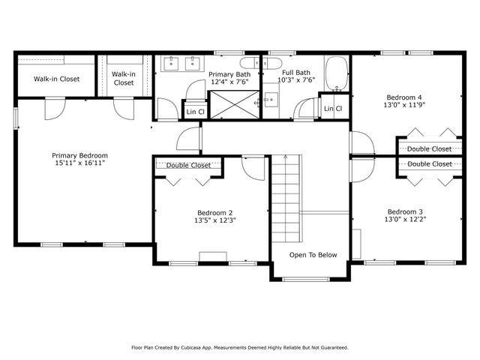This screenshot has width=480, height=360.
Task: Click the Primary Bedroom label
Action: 79,155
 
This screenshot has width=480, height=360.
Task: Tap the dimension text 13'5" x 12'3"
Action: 215,220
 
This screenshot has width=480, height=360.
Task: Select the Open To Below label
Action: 313,255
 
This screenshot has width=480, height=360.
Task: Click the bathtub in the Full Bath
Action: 337,73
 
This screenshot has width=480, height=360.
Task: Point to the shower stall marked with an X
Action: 235,104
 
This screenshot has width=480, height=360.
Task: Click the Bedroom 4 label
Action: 403,97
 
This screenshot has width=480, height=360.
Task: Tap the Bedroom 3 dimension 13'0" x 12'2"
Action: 405,219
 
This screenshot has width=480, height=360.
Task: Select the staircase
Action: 286,199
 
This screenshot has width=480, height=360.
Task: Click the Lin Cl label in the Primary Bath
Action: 195,112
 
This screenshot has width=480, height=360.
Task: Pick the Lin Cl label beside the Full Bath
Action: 333,109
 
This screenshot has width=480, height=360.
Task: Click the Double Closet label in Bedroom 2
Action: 188,166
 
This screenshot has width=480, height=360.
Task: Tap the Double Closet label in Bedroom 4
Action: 429,149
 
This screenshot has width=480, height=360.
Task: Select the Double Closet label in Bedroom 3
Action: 430,164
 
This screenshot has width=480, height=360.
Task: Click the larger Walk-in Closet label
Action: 57,79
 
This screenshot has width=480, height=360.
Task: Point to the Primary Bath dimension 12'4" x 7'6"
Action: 229,82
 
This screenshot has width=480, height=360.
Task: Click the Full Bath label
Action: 296,73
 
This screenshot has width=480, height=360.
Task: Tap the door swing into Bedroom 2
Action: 253,168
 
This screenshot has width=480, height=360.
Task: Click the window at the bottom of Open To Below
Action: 306,279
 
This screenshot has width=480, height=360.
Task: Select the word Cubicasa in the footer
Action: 190,348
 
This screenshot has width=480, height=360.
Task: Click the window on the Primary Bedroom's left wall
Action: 16,118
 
